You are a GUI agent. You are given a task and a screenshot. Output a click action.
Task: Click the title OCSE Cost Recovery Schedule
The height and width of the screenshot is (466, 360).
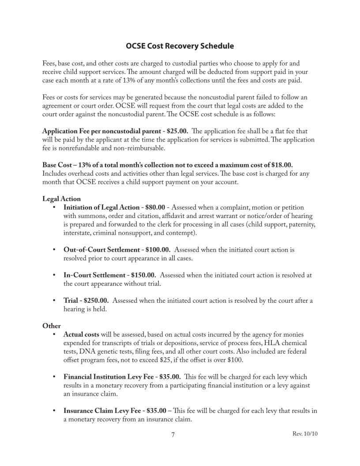[x=180, y=46]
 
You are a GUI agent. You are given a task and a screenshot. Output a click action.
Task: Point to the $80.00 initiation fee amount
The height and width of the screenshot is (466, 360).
[x=155, y=207]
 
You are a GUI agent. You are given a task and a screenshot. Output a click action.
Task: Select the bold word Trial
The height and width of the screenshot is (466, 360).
[x=71, y=301]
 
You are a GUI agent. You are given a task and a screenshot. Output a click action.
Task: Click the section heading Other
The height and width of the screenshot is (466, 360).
[x=51, y=326]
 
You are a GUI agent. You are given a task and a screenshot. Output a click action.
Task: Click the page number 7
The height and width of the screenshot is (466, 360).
[x=173, y=435]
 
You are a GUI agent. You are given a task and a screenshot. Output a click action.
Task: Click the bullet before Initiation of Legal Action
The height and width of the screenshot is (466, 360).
[x=53, y=207]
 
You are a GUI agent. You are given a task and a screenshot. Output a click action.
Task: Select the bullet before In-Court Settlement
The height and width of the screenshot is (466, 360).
[x=53, y=275]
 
